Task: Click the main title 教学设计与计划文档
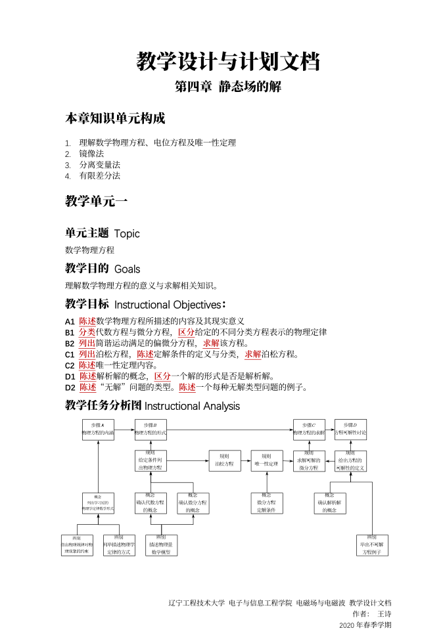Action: (228, 62)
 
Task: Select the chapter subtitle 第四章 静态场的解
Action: (228, 87)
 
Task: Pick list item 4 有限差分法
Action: (99, 175)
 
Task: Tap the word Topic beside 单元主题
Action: (127, 233)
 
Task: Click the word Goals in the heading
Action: (127, 269)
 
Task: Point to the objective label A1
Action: (70, 321)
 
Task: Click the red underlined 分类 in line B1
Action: (87, 332)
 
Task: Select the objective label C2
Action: (70, 365)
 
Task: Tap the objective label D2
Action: (70, 388)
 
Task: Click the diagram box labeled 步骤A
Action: (99, 430)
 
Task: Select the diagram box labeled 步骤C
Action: (309, 430)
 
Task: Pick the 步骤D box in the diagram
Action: (350, 430)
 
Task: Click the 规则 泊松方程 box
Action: (225, 460)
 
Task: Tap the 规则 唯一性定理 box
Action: (267, 460)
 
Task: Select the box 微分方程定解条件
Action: (266, 503)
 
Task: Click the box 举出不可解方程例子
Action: (372, 544)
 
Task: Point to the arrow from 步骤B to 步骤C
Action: (230, 430)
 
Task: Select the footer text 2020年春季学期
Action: (365, 625)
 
